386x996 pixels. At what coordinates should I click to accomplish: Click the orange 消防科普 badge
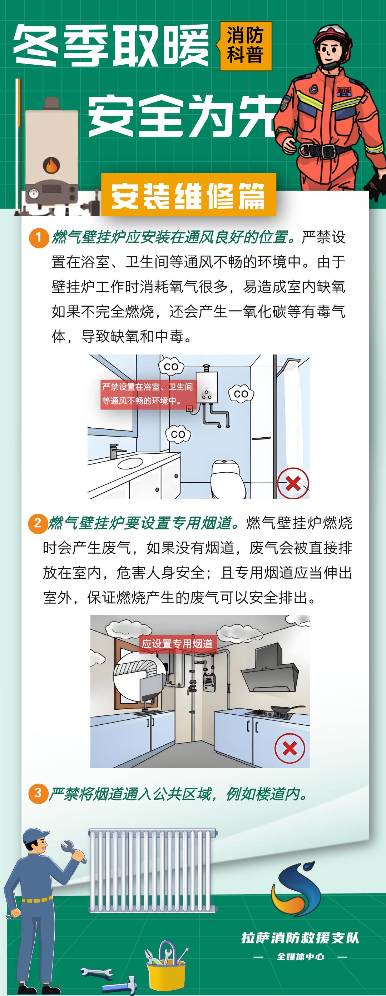click(246, 46)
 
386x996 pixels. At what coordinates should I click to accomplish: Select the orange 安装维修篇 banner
click(189, 195)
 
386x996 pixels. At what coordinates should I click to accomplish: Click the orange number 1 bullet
click(38, 237)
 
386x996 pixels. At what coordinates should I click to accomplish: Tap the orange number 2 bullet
click(38, 523)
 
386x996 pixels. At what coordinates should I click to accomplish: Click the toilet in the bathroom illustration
click(228, 479)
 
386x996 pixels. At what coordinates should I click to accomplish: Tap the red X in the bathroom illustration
click(293, 483)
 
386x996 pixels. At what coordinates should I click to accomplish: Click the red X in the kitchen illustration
click(289, 749)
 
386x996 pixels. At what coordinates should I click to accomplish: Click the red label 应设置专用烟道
click(177, 644)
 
